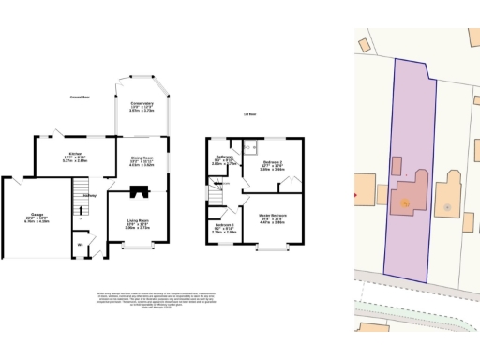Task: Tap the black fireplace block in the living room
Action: point(140,194)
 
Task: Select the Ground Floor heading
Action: point(80,97)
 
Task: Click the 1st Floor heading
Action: point(250,113)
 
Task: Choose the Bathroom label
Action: point(224,159)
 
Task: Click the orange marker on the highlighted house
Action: point(404,202)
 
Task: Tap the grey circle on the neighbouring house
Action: point(447,205)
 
